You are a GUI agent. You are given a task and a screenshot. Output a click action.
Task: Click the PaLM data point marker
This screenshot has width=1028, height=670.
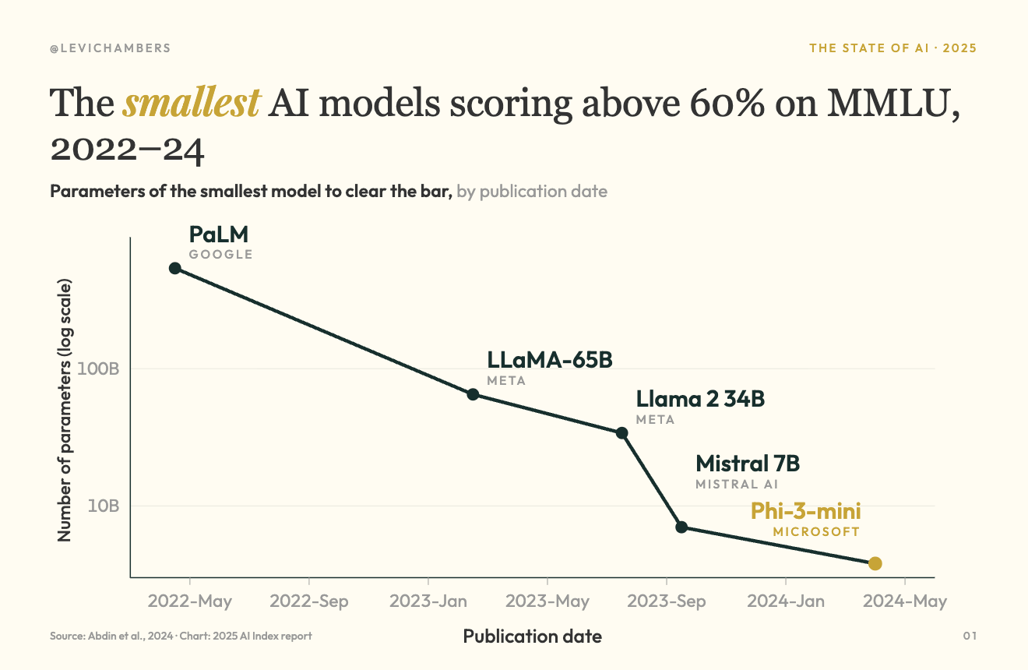(x=175, y=268)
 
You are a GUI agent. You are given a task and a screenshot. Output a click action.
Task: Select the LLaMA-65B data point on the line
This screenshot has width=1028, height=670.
(x=474, y=394)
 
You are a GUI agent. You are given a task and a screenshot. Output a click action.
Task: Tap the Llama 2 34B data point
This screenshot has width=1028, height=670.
(x=621, y=433)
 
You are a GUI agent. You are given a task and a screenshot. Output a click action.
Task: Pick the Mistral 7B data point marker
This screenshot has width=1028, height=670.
(x=681, y=527)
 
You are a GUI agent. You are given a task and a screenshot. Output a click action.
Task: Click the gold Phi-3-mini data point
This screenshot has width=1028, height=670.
(x=875, y=563)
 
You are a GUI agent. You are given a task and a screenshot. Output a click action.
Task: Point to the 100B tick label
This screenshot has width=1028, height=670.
(x=98, y=368)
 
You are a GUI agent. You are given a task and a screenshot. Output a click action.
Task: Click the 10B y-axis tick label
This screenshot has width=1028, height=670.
(x=104, y=506)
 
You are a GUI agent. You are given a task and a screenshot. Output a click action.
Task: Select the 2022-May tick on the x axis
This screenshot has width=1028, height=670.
(x=189, y=601)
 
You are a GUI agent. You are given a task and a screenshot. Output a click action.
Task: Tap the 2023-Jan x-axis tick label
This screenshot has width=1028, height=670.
(x=428, y=601)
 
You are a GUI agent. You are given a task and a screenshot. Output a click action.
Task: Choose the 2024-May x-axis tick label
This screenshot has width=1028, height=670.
(x=905, y=601)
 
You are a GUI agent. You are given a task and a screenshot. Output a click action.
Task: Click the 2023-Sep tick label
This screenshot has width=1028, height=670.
(x=667, y=601)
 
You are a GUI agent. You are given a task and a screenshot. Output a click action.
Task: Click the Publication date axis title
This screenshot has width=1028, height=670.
(x=533, y=636)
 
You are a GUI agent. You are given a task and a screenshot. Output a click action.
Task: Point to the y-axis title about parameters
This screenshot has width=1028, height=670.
(x=64, y=410)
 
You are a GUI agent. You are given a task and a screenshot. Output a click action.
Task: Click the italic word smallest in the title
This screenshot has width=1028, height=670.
(x=192, y=102)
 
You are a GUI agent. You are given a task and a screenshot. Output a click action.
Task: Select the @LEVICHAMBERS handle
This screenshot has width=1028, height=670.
(x=110, y=48)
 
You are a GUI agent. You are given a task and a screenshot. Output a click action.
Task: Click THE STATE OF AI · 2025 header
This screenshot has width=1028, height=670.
(x=892, y=48)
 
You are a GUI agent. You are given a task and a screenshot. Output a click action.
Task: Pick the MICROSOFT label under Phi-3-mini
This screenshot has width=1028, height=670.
(x=816, y=532)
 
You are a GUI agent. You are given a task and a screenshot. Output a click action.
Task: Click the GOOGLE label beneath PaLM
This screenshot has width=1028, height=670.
(x=220, y=255)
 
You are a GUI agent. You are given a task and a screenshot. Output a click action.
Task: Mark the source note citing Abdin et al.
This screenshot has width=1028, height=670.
(x=181, y=636)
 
